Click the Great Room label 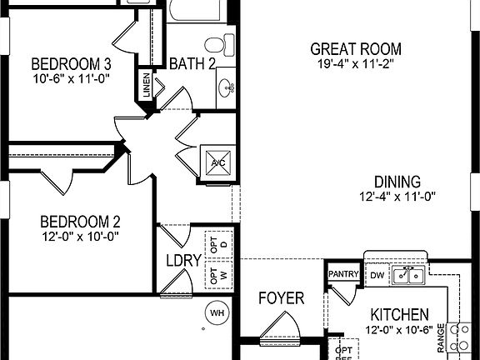(x=355, y=49)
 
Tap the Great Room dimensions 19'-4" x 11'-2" (x=355, y=64)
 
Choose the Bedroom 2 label (x=81, y=222)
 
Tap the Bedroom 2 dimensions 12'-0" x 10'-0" (x=81, y=237)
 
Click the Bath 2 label (x=192, y=64)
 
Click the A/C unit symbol (x=217, y=162)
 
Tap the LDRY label (x=183, y=261)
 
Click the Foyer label (x=280, y=298)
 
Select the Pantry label (x=342, y=273)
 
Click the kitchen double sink (x=409, y=274)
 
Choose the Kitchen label (x=400, y=315)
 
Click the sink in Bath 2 (x=227, y=86)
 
